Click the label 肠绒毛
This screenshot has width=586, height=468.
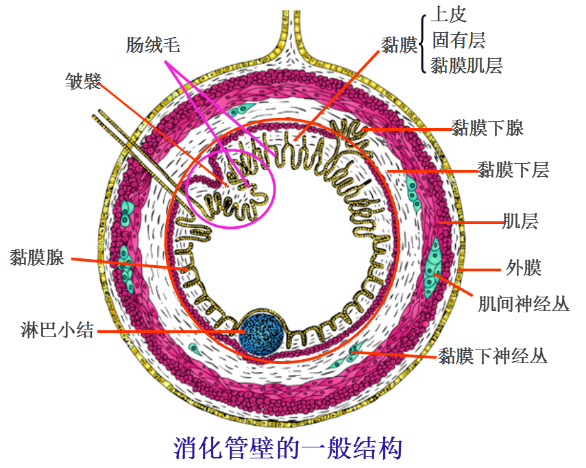pos(153,45)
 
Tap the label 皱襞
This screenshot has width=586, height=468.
pos(83,82)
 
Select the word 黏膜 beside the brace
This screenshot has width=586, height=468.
pos(400,45)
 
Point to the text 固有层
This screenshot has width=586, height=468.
pos(459,40)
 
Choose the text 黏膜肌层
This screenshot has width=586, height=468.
pos(467,65)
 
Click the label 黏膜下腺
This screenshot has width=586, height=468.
pos(487,128)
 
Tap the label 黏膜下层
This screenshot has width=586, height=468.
pos(513,169)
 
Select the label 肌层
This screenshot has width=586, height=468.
pos(520,221)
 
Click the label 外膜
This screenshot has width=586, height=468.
pos(524,267)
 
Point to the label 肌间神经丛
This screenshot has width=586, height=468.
pos(524,303)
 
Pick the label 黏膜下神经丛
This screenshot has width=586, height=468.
pos(493,355)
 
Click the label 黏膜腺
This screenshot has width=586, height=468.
pos(37,258)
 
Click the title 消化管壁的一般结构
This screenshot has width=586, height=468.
pos(288,449)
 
